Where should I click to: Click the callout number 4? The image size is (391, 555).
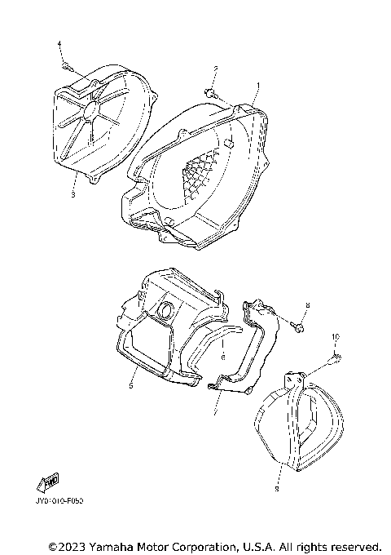[x=59, y=42]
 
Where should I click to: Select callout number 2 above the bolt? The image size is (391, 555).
[x=216, y=69]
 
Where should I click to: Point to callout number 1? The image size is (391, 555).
[x=257, y=86]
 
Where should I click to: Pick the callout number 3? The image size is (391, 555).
[x=73, y=196]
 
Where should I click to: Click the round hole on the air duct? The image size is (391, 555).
[x=165, y=310]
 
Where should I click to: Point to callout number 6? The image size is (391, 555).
[x=222, y=356]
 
